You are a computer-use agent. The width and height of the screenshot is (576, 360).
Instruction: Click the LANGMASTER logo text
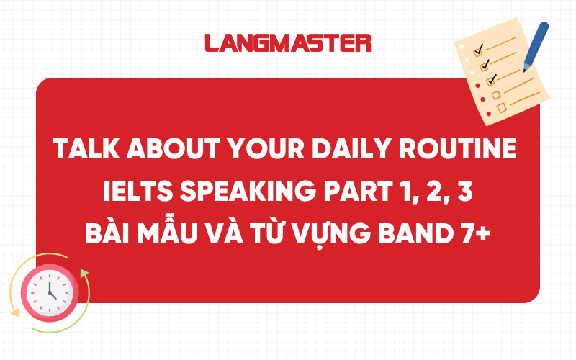click(x=287, y=42)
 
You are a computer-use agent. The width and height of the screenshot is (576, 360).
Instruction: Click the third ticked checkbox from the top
click(x=492, y=78)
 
